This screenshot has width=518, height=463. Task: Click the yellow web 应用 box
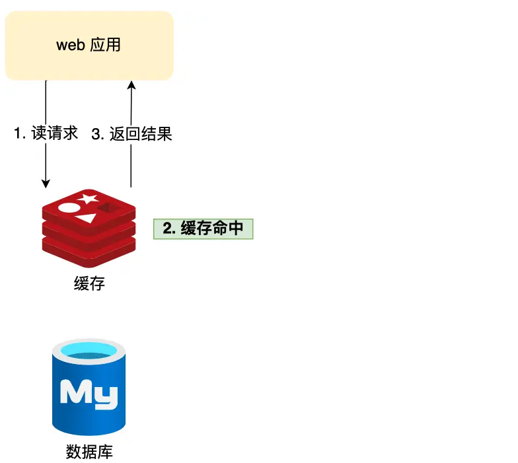[x=89, y=46]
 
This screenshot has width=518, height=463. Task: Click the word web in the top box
[x=71, y=46]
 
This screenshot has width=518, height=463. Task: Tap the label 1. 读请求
[x=46, y=134]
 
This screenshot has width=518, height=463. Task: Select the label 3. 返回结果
[x=131, y=134]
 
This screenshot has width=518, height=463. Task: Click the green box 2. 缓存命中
[x=203, y=229]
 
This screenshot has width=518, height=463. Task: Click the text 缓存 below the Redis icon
[x=89, y=284]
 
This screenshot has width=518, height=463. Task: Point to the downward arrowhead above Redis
[x=46, y=183]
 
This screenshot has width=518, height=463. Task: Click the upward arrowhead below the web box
[x=131, y=85]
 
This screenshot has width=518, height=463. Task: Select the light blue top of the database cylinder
[x=89, y=351]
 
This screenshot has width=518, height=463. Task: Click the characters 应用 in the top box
[x=105, y=46]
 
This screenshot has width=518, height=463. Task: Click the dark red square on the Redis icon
[x=106, y=208]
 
